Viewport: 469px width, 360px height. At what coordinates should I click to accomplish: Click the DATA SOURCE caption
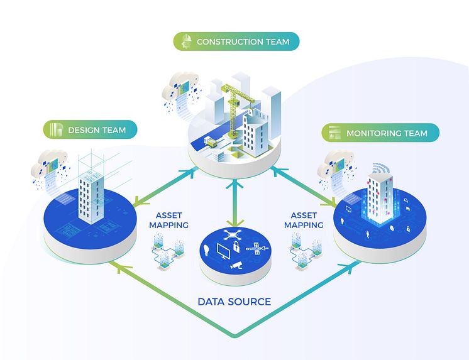coord(234,302)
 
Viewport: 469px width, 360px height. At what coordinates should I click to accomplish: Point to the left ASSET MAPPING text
coord(168,219)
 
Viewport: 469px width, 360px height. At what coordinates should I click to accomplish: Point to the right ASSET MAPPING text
coord(304,219)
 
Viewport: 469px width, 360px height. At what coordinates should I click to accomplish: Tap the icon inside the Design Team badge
coord(56,130)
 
